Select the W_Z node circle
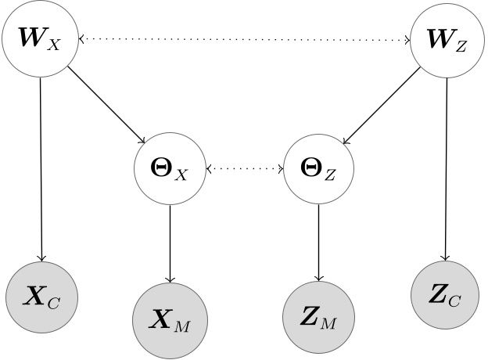(447, 39)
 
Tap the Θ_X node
(170, 168)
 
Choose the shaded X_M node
(170, 319)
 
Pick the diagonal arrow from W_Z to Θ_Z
(382, 106)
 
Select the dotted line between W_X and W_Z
(243, 39)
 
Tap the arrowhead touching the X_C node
(41, 259)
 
